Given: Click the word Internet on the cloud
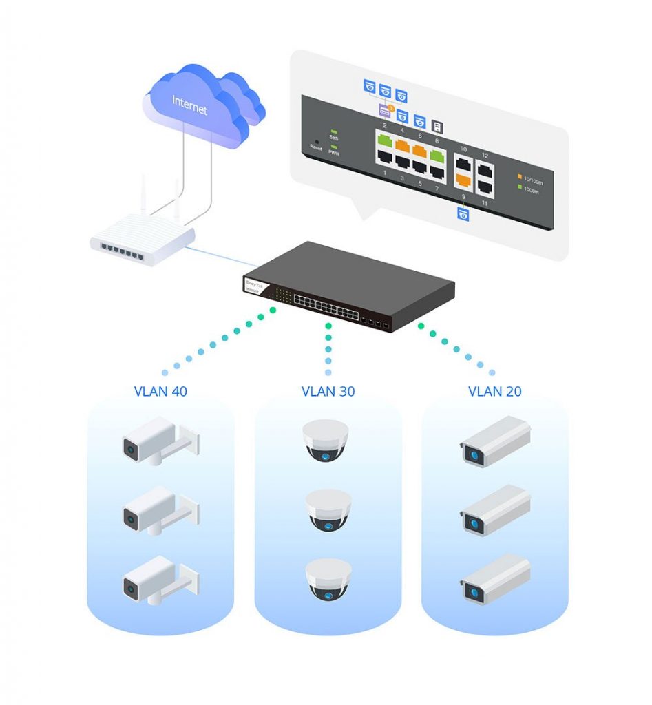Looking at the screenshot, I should (189, 105).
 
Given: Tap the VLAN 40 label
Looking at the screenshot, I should (160, 392).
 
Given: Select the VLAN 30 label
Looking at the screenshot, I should (328, 392).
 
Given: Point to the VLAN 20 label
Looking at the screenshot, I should (494, 392).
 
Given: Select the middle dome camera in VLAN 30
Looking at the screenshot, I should (328, 510).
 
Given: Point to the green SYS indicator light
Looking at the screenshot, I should (335, 131).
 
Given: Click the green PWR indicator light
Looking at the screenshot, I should (335, 147).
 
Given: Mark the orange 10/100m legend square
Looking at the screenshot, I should (519, 177).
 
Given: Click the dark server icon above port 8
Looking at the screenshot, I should (437, 126).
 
